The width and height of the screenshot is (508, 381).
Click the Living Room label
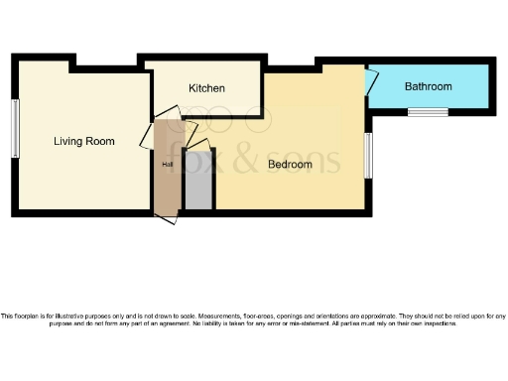coord(83,141)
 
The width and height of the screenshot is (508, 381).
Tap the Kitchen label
coord(206,88)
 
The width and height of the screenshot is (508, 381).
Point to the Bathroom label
coord(428,86)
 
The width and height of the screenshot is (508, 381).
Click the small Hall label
coord(167,165)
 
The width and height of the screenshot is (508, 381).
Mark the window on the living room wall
coord(15,129)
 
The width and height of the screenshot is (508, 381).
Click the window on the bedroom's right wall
coord(368,156)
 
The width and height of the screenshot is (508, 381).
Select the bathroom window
coord(428,111)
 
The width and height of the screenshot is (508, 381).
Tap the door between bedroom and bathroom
coord(370,82)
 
